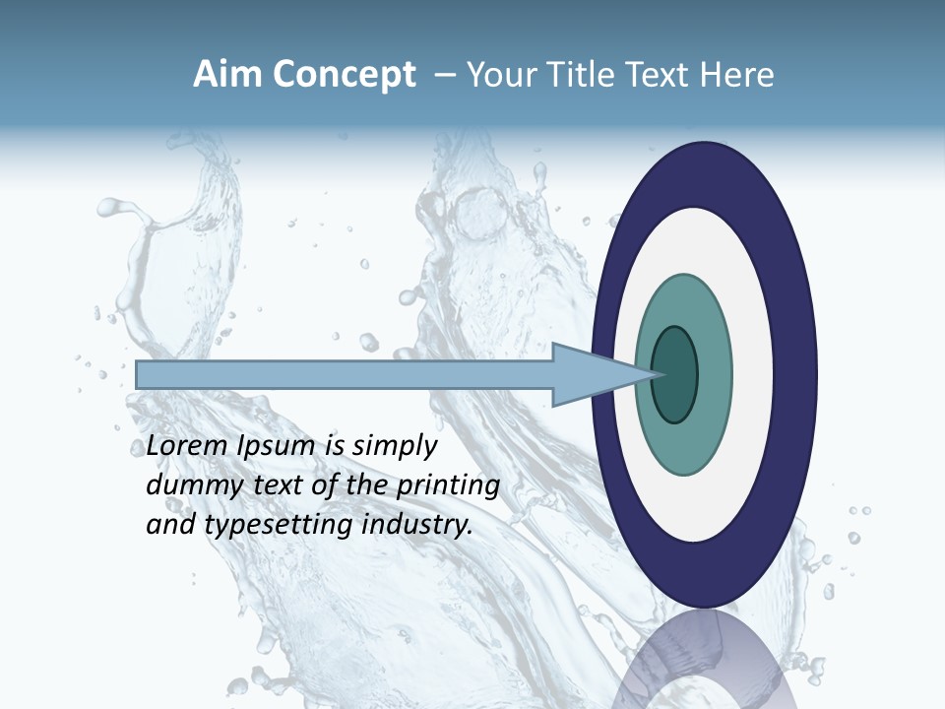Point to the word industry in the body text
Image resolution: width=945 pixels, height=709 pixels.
tap(417, 525)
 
